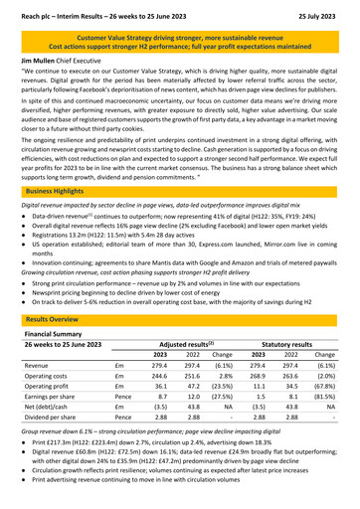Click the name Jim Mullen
(x=30, y=60)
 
